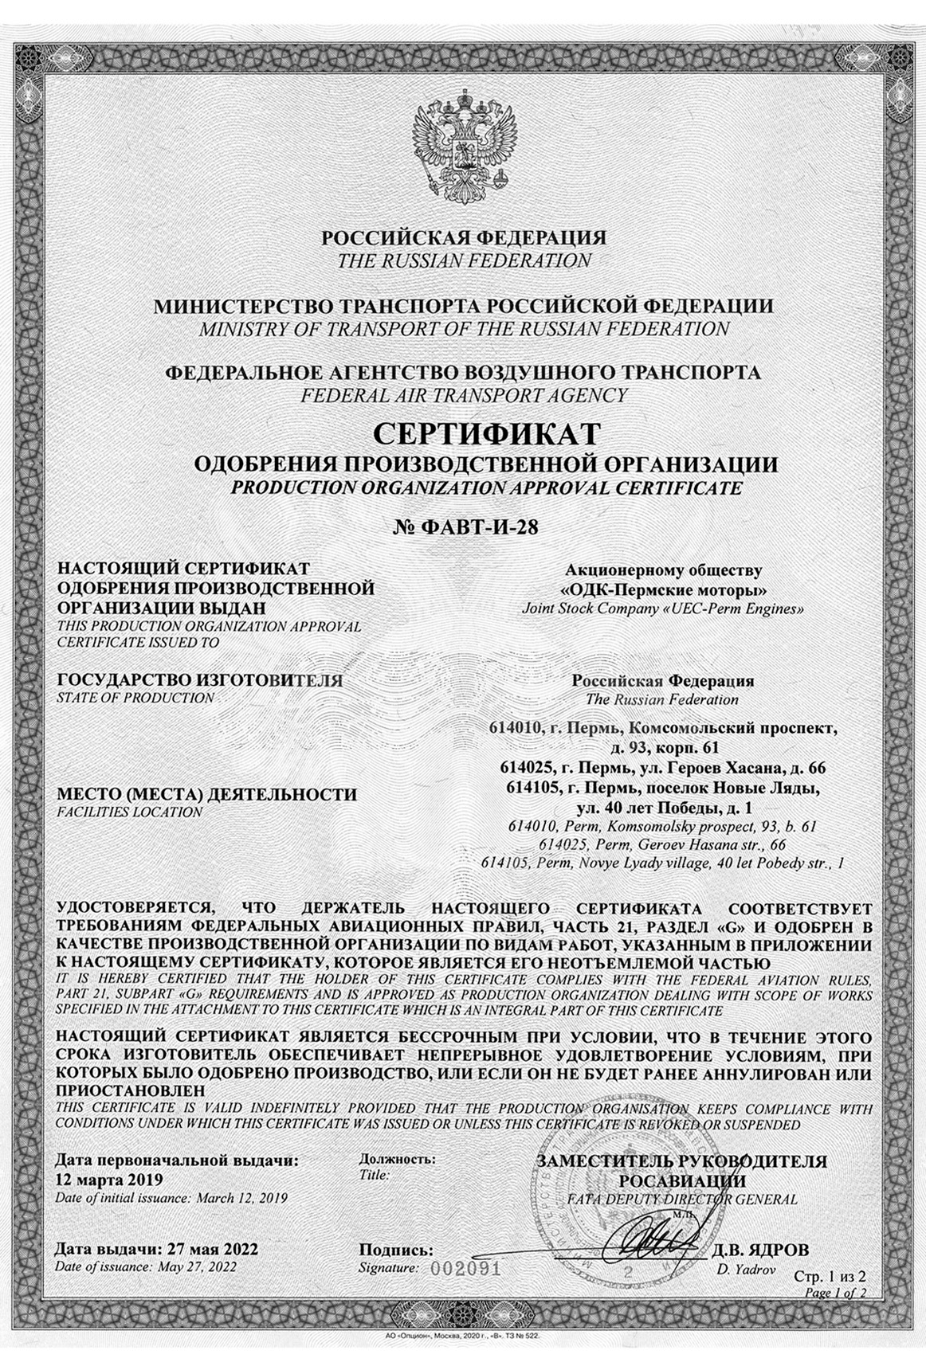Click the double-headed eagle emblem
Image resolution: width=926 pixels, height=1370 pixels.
(x=463, y=144)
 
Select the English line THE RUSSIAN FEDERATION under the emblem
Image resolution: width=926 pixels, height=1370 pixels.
(x=464, y=260)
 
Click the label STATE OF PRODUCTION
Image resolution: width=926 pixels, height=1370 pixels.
(x=136, y=698)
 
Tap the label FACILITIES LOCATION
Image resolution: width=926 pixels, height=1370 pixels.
(x=130, y=812)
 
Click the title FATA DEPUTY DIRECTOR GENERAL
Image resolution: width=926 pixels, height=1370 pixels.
(x=682, y=1198)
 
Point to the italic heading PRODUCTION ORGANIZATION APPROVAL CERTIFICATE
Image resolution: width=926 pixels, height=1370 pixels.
(x=485, y=487)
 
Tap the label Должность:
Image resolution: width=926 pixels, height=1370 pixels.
(x=398, y=1159)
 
